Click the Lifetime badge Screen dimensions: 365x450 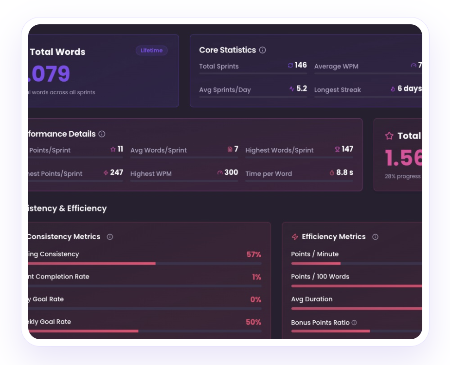(152, 51)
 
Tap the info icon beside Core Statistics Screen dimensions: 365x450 (263, 50)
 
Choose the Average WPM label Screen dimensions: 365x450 (336, 67)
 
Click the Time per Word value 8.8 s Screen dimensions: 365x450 (344, 173)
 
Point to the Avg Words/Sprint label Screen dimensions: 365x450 (159, 150)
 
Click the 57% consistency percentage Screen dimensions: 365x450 (254, 254)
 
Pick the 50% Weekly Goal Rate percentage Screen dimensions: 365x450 (253, 322)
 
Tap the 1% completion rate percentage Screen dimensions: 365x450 (256, 277)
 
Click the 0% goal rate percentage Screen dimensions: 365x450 (256, 299)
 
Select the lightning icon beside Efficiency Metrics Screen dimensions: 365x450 (295, 237)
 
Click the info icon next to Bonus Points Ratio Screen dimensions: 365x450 (354, 323)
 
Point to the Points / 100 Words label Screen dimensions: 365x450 (320, 277)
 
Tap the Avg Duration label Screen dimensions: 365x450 (312, 299)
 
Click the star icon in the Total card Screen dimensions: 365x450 (389, 136)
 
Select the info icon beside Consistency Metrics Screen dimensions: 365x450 (110, 237)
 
